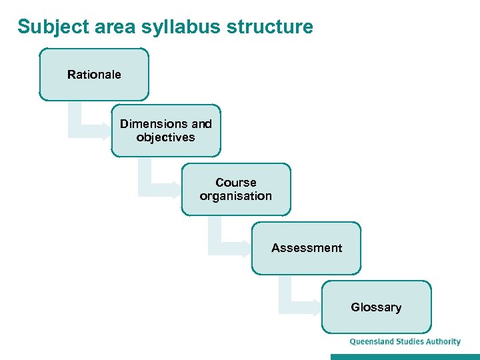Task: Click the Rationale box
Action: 94,74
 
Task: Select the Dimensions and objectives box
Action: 166,131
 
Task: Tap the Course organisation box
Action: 236,189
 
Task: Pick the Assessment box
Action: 306,248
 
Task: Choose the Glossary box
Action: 376,307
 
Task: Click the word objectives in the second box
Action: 166,138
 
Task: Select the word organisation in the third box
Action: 236,197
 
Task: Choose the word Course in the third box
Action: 236,182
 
